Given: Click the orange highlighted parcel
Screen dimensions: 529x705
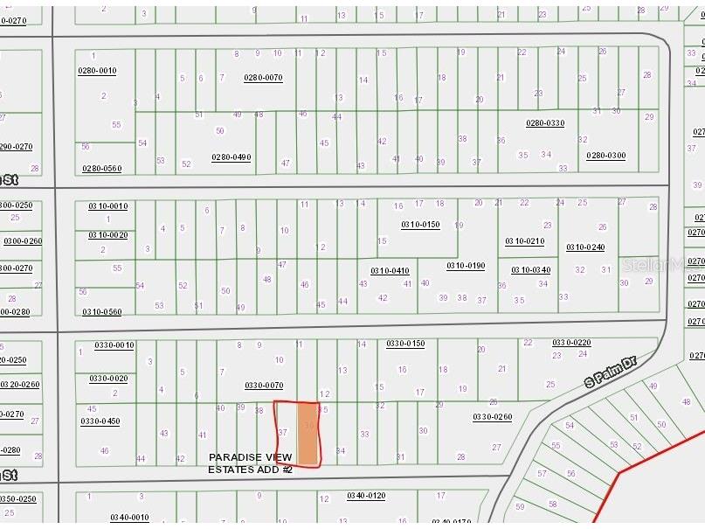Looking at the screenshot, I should pos(308,433).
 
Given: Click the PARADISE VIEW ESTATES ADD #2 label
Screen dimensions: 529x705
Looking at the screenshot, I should pos(250,463).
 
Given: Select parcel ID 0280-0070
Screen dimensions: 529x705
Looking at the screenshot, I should pos(263,78).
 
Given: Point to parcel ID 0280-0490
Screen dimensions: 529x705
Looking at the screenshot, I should pos(231,157).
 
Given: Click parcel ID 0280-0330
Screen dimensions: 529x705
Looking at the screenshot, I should pos(545,123).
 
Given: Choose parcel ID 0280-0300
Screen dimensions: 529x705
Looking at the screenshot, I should pos(605,156).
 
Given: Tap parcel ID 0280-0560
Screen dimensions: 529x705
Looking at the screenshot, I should pos(101,168).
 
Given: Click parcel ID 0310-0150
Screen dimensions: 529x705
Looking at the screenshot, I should pos(420,225).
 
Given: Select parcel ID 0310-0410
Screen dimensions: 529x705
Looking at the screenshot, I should pos(390,270).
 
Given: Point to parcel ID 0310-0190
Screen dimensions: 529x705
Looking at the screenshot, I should pos(466,266).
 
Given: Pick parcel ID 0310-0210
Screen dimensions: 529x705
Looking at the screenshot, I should pos(524,241).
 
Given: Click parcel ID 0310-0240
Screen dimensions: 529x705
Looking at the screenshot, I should pos(585,247).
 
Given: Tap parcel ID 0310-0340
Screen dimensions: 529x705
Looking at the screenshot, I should pos(530,270).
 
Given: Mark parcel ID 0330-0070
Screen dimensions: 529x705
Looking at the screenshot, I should pos(264,385).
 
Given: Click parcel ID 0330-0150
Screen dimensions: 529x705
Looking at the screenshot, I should pos(405,344).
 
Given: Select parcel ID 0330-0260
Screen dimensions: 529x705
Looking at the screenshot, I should pos(492,417).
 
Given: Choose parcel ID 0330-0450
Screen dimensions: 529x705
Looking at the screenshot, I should pos(100,421).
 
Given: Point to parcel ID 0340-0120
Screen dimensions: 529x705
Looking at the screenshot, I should pos(366,496).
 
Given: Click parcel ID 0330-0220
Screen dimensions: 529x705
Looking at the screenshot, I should pos(571,343).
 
